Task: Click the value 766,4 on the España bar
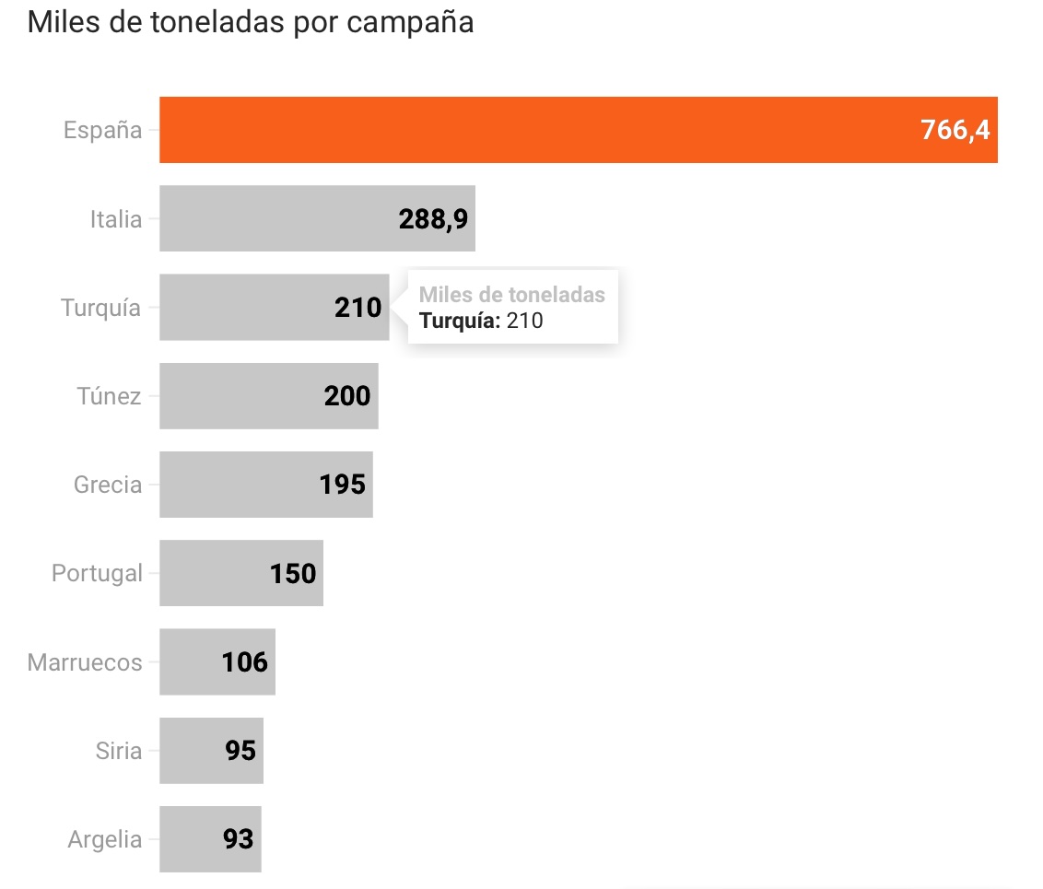(x=955, y=130)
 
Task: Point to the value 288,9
(x=433, y=219)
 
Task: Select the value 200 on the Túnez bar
(x=347, y=396)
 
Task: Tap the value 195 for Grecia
(x=343, y=485)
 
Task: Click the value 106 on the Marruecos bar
(x=244, y=661)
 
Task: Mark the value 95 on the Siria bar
(x=240, y=751)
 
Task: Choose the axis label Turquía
(x=101, y=308)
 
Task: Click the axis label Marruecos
(x=85, y=662)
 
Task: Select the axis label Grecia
(x=108, y=485)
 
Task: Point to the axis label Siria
(x=119, y=751)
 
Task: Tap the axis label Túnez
(x=109, y=396)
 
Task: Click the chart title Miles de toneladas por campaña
(x=251, y=22)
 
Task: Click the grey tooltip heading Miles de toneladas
(x=512, y=295)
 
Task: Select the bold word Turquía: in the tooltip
(x=460, y=321)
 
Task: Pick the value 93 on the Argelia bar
(x=239, y=839)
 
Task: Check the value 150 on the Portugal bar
(x=293, y=574)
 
